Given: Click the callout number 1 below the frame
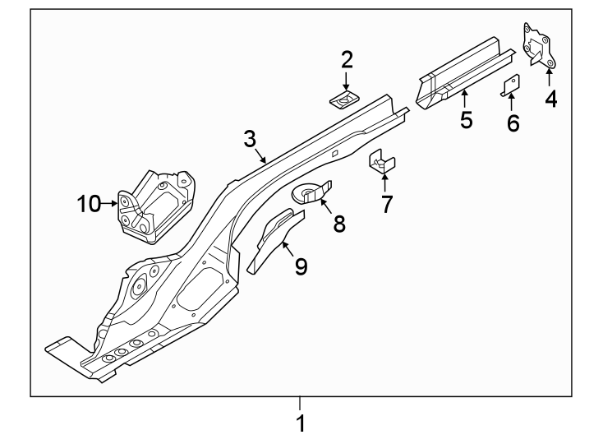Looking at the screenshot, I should point(301,424).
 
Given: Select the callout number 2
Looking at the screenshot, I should point(347,59).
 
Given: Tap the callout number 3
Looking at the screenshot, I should point(251,139).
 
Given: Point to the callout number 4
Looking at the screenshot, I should point(550,99).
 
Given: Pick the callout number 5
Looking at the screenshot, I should point(466,120).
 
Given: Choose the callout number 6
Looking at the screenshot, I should point(513,123).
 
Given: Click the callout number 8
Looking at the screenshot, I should point(339,223).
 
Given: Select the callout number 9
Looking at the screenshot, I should point(301,266).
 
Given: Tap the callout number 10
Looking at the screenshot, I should point(88,203).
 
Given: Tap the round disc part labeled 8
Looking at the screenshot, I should point(309,193).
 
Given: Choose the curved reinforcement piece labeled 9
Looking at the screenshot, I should point(271,239).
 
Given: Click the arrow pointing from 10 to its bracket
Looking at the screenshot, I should point(110,203).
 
